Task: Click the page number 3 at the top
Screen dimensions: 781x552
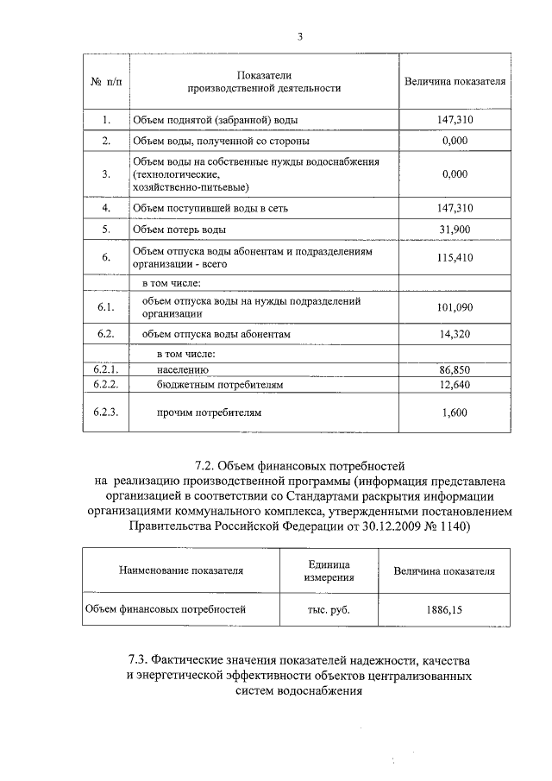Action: (299, 36)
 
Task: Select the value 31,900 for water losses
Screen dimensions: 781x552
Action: (454, 230)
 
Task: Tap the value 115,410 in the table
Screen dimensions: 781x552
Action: (454, 258)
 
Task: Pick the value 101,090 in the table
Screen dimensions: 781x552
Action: (454, 308)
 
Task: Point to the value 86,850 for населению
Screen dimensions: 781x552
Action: (454, 369)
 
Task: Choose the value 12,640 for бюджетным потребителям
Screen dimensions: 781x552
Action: (454, 384)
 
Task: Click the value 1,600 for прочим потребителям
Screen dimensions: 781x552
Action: (454, 413)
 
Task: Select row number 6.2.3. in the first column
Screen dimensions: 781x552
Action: (105, 413)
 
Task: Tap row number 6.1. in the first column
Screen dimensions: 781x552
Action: (105, 308)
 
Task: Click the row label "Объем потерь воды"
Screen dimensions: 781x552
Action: (179, 230)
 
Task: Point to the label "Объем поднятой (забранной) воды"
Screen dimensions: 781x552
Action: (216, 121)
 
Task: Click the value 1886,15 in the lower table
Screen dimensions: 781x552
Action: (444, 609)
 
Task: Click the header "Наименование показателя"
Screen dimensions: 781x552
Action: (181, 570)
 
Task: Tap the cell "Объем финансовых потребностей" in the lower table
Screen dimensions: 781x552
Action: (166, 609)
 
